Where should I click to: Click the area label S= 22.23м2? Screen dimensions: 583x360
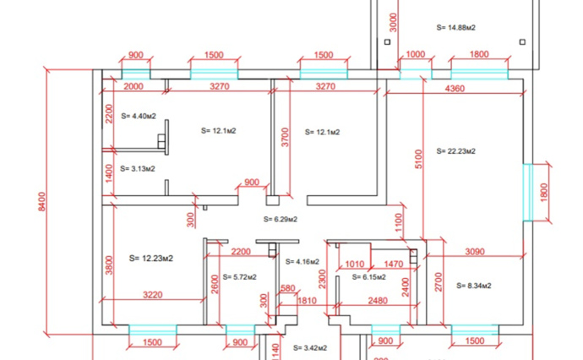456,151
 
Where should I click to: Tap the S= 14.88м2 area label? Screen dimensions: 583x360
456,28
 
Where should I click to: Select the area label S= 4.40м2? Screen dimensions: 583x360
139,116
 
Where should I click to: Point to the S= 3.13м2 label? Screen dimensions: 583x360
138,169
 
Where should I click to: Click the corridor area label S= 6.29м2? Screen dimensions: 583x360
281,220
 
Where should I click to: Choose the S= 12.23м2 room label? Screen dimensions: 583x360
151,258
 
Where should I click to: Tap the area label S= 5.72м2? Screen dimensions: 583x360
239,277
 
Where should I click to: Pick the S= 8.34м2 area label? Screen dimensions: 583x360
474,286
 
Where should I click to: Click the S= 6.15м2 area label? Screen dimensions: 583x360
369,277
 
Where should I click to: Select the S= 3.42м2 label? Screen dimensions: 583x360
310,348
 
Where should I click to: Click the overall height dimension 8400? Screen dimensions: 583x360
41,202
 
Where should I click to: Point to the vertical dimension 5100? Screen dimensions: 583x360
418,159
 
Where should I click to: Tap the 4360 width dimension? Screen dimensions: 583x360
455,89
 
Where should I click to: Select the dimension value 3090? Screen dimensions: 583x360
475,252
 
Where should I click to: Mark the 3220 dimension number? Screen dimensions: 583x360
153,295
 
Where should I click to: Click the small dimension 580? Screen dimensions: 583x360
288,288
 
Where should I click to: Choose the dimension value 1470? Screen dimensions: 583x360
394,264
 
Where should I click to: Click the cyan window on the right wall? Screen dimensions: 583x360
527,193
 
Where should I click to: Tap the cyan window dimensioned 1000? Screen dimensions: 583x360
416,74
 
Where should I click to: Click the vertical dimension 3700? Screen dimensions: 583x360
285,137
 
